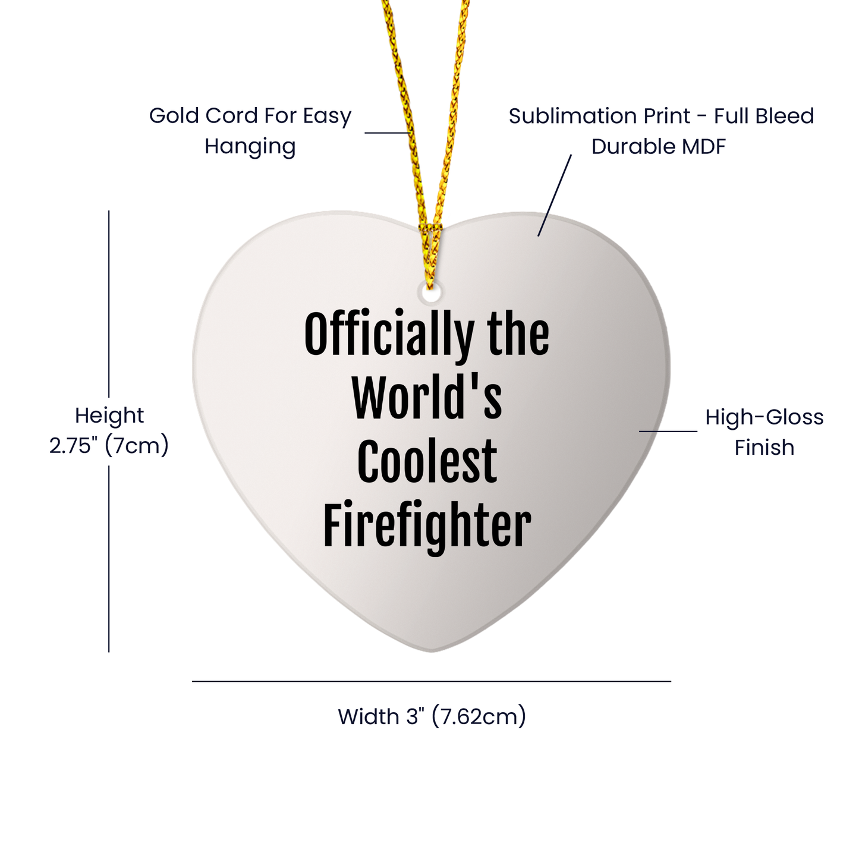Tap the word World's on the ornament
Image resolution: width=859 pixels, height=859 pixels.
[427, 399]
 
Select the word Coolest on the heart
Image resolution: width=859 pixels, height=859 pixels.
[427, 462]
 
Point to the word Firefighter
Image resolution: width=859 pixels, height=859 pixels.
[427, 526]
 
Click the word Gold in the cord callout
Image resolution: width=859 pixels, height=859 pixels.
[174, 116]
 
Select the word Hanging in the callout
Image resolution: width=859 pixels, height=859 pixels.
[250, 146]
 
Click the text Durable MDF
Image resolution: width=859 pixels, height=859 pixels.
[659, 146]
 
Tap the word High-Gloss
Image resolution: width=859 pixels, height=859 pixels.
[764, 417]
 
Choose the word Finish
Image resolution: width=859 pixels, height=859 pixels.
[764, 448]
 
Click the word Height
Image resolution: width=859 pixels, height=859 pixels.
[109, 416]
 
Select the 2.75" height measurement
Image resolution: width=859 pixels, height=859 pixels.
[74, 445]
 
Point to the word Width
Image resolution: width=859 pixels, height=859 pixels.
[368, 717]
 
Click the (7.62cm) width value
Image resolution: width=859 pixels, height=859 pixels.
[479, 717]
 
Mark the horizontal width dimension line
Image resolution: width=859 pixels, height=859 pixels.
[431, 681]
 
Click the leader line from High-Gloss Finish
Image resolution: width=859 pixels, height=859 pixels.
[668, 431]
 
